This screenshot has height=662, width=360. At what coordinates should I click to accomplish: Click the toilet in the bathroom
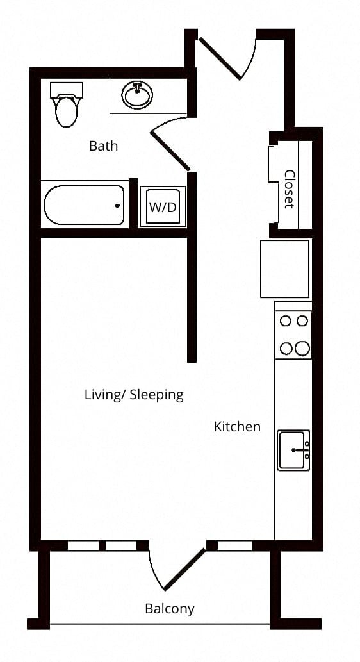tap(66, 104)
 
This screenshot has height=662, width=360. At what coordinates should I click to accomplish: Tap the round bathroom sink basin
tap(137, 95)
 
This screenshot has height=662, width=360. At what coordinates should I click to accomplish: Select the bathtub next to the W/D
tap(85, 205)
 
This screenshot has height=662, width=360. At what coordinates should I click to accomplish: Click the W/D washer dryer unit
tap(163, 207)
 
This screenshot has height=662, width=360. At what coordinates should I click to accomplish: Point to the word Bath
tap(103, 146)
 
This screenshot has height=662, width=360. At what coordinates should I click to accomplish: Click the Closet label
tap(289, 188)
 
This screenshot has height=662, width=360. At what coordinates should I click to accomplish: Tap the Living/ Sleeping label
tap(135, 395)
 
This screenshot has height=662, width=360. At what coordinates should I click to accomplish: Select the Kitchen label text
tap(237, 426)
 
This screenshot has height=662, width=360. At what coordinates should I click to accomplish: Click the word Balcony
tap(170, 609)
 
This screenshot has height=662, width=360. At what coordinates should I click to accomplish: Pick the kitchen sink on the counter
tap(293, 450)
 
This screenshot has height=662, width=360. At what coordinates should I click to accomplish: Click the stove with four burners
tap(293, 335)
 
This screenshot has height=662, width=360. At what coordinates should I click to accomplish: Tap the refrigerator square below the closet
tap(285, 269)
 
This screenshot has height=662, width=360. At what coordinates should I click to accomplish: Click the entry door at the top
tap(220, 58)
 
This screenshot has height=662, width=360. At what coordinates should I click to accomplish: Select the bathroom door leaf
tap(170, 151)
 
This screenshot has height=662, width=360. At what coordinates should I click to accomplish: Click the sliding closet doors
tap(273, 184)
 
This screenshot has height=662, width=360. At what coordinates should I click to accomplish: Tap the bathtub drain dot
tap(117, 206)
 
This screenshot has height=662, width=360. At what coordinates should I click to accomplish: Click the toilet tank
tap(66, 90)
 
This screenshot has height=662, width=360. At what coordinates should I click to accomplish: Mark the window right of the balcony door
tap(234, 545)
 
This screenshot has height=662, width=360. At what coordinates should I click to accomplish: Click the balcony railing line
tap(160, 624)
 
